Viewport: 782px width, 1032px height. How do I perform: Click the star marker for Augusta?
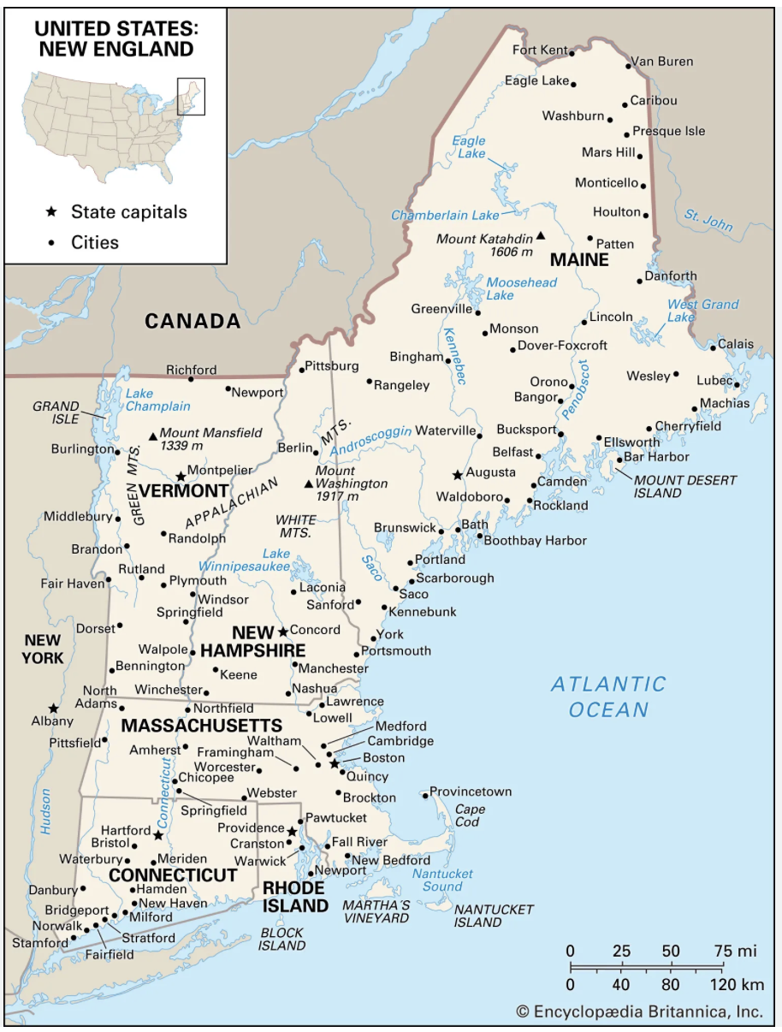tap(458, 474)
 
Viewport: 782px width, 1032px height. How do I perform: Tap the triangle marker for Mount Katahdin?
tap(540, 235)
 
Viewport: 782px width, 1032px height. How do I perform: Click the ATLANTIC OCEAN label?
tap(608, 697)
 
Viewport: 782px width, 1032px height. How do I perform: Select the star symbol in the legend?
tap(52, 211)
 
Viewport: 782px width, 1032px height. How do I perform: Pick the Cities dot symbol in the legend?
tap(52, 243)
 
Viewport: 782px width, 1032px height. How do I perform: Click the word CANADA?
tap(193, 321)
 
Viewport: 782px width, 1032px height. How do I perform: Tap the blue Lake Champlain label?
tap(157, 400)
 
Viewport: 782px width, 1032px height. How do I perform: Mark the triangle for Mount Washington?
tap(309, 484)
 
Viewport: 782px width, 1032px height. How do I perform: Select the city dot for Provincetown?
tap(425, 796)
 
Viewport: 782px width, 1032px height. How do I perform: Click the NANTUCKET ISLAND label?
tap(493, 916)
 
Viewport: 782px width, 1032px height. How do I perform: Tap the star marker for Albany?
tap(53, 708)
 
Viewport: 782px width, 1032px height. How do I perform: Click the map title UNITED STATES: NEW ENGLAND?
tap(116, 39)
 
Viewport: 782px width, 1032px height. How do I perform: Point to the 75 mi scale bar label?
tap(735, 951)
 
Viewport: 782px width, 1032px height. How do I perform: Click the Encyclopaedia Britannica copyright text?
tap(639, 1011)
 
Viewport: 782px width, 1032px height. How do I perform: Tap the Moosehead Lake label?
tap(521, 288)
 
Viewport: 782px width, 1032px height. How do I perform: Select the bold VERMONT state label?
tap(183, 491)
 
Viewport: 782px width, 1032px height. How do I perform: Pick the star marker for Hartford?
tap(158, 834)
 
